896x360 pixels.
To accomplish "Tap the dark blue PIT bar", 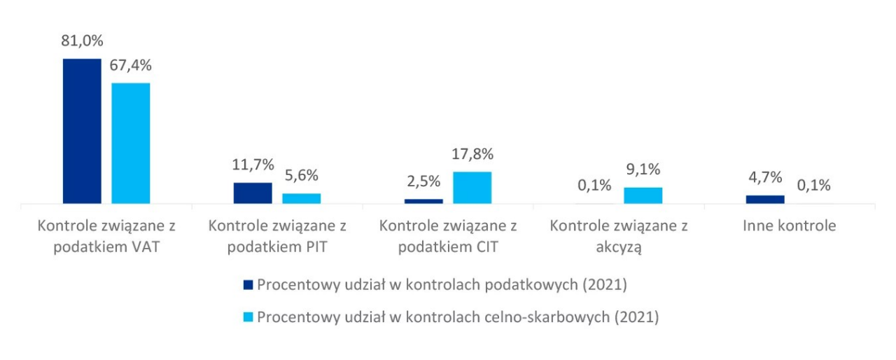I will coord(252,193).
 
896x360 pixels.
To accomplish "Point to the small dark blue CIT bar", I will coord(423,201).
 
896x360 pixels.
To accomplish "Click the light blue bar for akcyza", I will coord(643,195).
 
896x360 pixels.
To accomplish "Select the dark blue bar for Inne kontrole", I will coord(764,200).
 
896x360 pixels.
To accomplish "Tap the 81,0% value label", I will coord(82,41).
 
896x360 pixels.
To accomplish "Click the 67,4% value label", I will coord(130,65).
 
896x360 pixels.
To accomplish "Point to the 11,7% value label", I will coord(253,165).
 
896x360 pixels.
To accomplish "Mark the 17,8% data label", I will coord(472,154).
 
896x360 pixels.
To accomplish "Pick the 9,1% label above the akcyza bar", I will coord(643,169).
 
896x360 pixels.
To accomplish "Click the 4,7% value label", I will coord(764,178).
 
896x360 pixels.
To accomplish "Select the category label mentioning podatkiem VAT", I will coord(106,237).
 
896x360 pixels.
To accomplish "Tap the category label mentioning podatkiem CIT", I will coord(448,237).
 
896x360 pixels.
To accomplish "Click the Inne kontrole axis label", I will coord(789,226).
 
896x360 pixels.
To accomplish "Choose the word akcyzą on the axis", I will coord(619,247).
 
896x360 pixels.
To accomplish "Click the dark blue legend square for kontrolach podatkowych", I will coord(247,285).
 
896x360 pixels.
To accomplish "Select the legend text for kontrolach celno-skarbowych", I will coord(458,317).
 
